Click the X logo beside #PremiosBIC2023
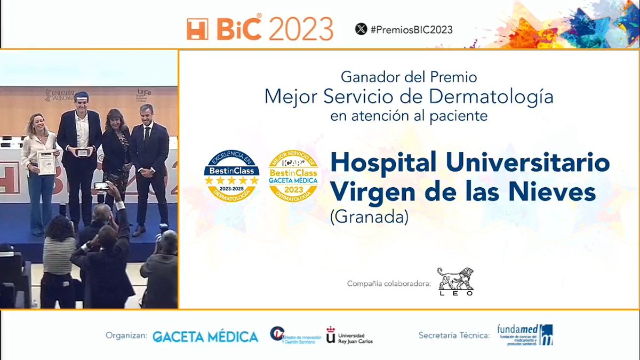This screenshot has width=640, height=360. point(361,29)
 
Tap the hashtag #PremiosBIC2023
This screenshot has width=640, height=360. point(411,30)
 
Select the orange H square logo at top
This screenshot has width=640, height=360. point(197,29)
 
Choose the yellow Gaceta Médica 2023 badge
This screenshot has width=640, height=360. point(293,177)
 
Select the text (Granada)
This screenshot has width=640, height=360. point(369,218)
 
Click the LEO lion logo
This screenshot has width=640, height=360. point(455,281)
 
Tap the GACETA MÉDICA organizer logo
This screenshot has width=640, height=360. point(205,337)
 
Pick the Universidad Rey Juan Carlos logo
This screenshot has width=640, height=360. point(349,336)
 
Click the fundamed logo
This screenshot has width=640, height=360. point(525,335)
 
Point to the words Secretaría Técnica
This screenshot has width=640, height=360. point(454,335)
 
